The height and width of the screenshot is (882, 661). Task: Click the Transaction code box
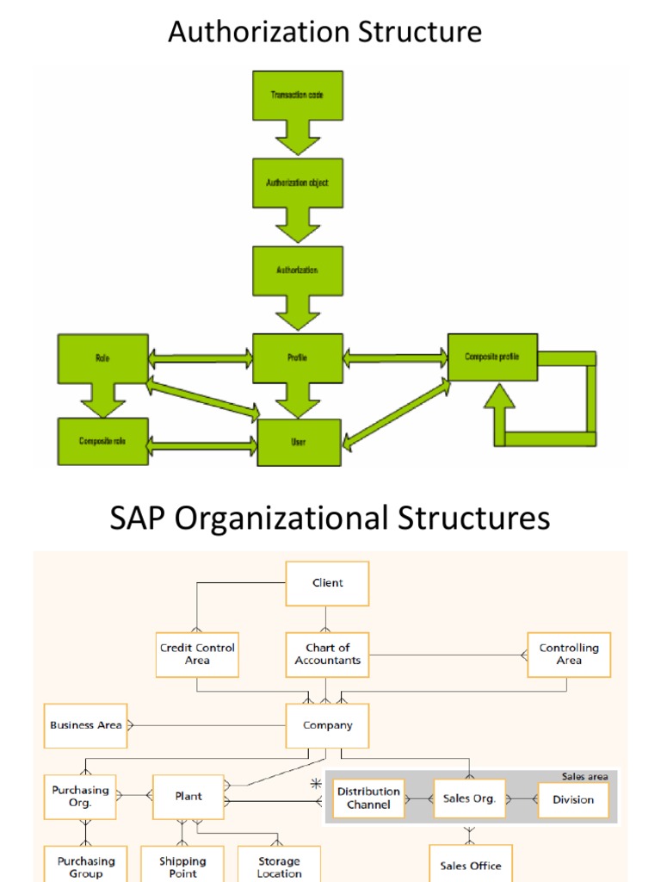tap(297, 96)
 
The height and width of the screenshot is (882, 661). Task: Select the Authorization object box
tap(297, 183)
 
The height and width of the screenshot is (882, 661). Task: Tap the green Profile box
tap(297, 357)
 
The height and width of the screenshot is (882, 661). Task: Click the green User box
tap(299, 443)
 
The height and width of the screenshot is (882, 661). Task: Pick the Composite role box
tap(102, 442)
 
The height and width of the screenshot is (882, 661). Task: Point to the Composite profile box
tap(492, 357)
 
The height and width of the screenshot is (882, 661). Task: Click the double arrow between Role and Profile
tap(200, 357)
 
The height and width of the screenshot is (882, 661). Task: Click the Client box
tap(327, 583)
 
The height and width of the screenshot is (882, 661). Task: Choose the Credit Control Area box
tap(197, 655)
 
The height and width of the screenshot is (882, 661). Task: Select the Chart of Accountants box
tap(327, 655)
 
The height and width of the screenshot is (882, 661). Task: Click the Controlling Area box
tap(568, 655)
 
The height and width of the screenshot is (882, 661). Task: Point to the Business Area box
tap(85, 725)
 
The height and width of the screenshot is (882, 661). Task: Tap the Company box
tap(327, 725)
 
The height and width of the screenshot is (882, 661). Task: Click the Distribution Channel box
tap(368, 798)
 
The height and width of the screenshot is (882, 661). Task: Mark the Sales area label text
tap(584, 776)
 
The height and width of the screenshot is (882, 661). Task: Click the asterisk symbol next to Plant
tap(316, 785)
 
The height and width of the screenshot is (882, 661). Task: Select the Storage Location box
tap(279, 866)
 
